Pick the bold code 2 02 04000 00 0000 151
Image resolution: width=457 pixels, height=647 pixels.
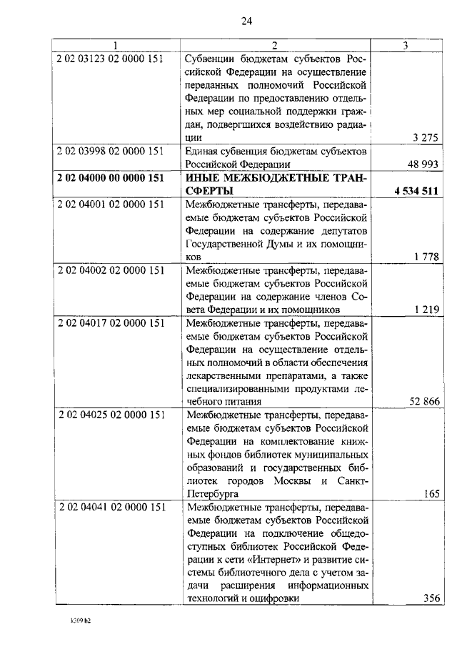click(x=111, y=178)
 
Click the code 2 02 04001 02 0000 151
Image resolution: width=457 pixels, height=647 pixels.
click(x=111, y=204)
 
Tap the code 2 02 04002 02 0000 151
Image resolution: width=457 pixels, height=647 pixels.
click(x=111, y=271)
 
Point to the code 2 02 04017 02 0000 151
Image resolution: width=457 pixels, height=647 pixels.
click(x=111, y=324)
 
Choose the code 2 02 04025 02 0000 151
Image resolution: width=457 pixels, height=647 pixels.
click(x=111, y=415)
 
